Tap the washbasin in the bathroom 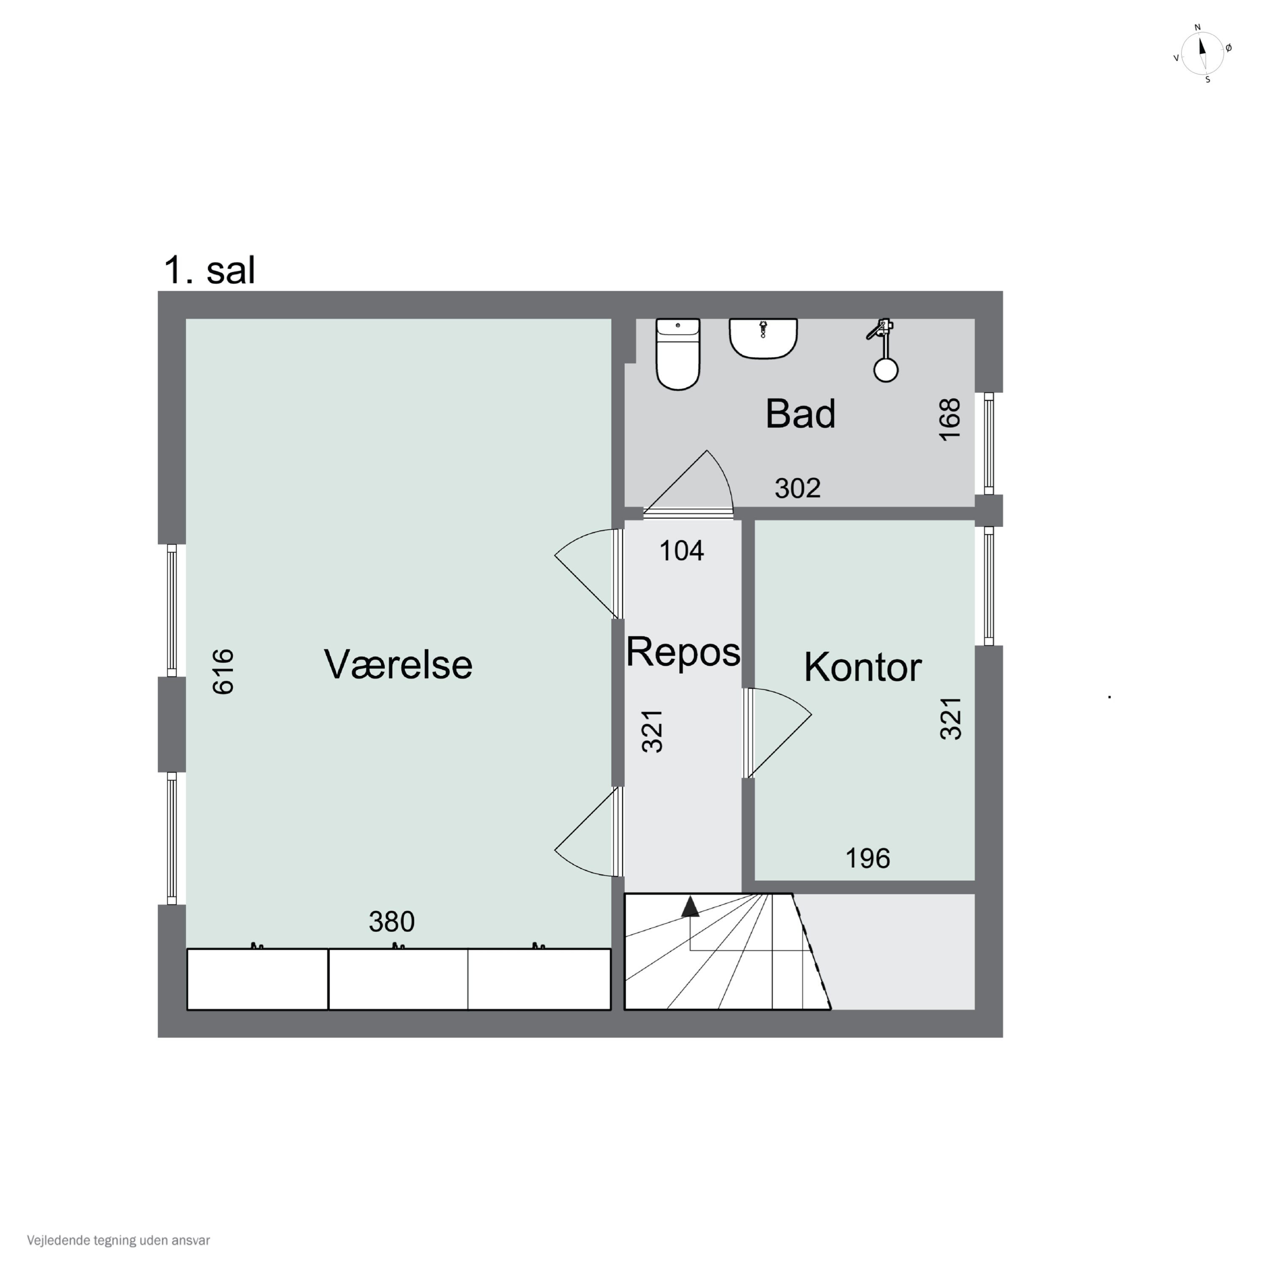pos(763,338)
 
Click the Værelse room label pos(398,664)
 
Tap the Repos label pos(682,652)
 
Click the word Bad pos(800,414)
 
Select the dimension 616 pos(223,671)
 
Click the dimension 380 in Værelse pos(392,922)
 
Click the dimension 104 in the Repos pos(681,551)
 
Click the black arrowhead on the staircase pos(690,907)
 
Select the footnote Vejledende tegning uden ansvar pos(118,1240)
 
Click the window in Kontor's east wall pos(988,586)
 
